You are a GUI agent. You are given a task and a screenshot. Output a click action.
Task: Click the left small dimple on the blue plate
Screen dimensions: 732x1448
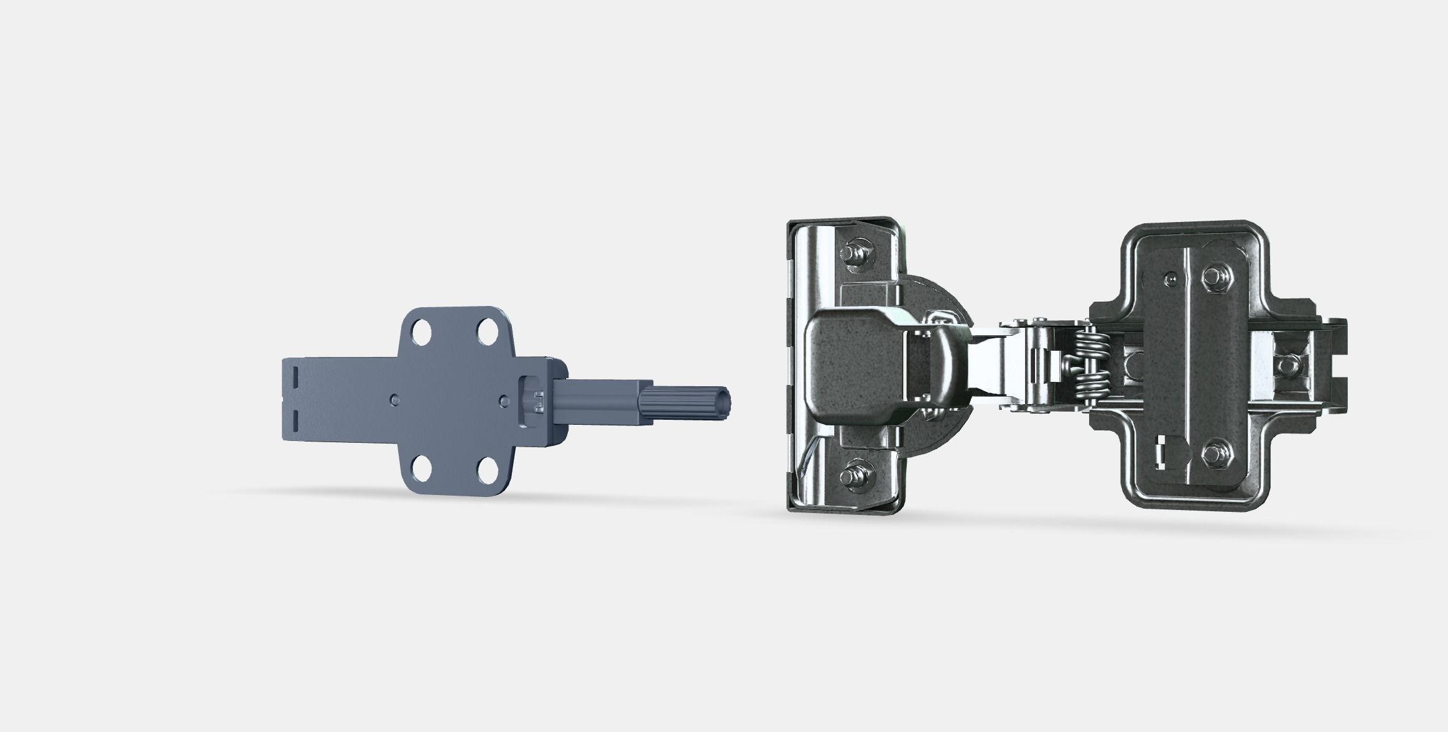click(393, 398)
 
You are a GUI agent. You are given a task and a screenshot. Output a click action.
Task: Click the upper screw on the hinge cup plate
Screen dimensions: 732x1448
click(850, 254)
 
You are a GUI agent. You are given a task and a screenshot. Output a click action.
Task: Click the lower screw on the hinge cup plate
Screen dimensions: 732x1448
click(850, 477)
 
